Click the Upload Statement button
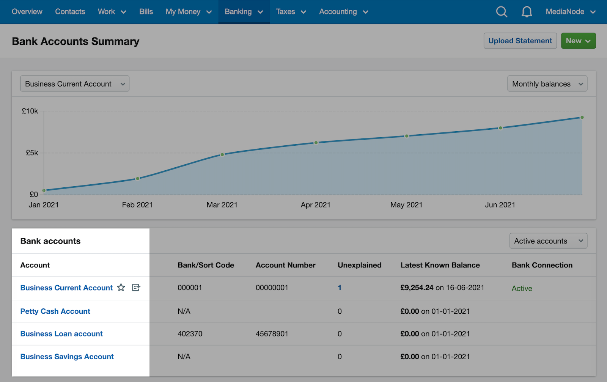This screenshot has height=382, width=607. point(520,41)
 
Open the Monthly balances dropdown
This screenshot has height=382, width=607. point(547,84)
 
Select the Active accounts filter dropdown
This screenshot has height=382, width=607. point(548,241)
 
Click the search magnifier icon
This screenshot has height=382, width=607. point(502,12)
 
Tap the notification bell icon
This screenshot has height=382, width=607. point(527,12)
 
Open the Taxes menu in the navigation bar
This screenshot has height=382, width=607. point(291,12)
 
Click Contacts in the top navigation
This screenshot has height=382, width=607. point(70,12)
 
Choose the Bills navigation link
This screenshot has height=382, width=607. point(146,12)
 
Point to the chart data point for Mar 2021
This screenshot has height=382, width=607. point(222,155)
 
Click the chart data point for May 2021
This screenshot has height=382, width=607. point(406,136)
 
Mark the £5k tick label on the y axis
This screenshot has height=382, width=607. point(32,153)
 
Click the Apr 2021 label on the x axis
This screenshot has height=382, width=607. point(315,205)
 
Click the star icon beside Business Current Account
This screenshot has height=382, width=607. point(121,288)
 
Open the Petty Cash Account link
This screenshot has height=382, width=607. point(55,311)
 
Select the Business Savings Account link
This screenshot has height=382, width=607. point(67,357)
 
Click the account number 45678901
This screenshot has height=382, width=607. point(272,334)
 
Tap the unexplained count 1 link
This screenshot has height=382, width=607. point(339,288)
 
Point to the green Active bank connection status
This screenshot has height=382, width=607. point(522,288)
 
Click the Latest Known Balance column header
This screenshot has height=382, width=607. point(440,265)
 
